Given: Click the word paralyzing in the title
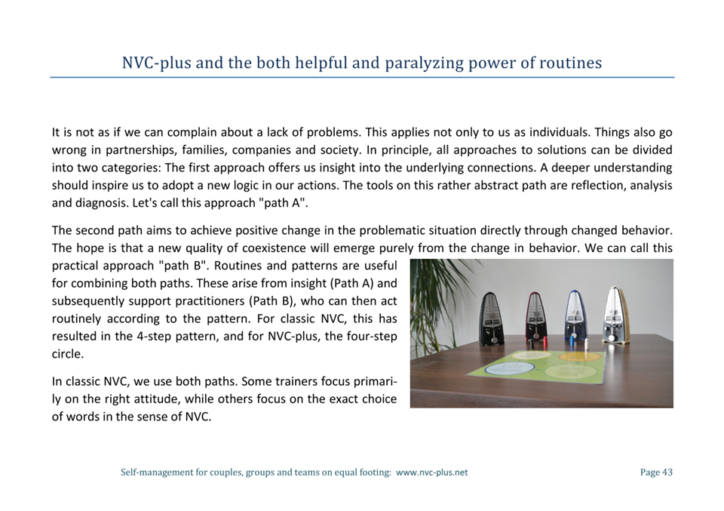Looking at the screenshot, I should (424, 63).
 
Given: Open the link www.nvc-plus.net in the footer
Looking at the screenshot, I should (431, 473).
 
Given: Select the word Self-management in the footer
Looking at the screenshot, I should (156, 473).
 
